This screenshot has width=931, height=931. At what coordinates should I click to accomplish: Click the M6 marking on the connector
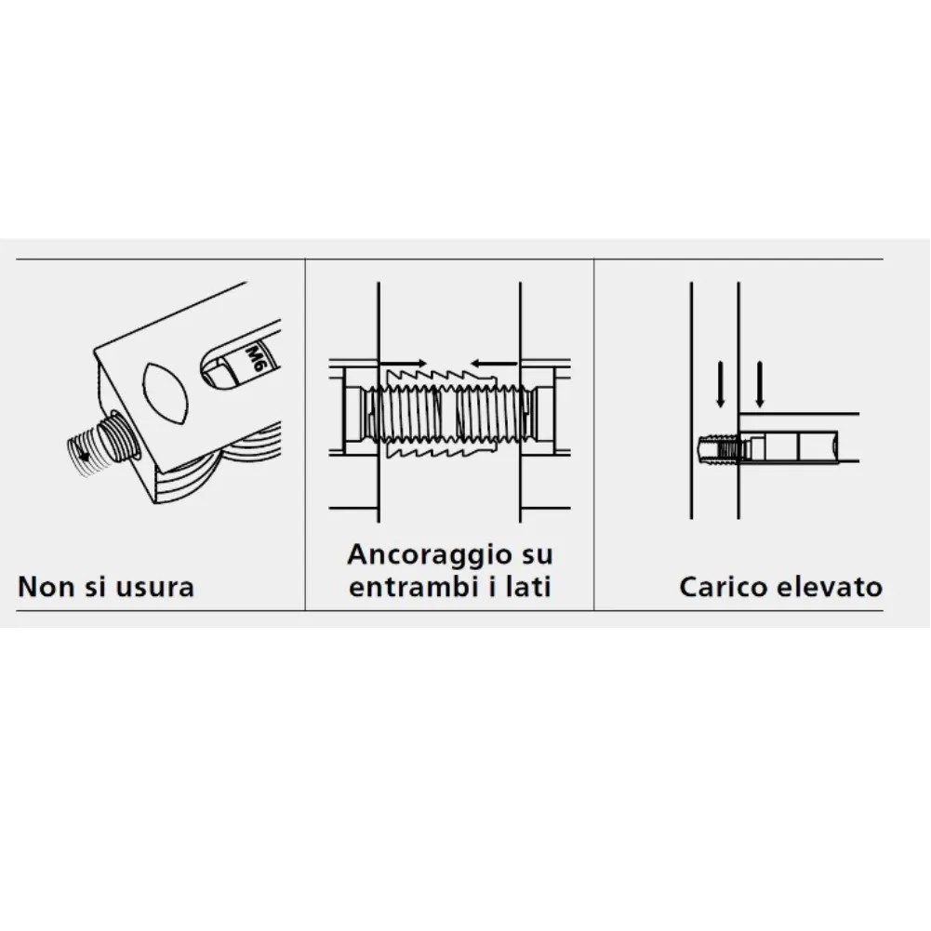(254, 359)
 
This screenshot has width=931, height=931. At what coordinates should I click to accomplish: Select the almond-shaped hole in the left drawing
(166, 392)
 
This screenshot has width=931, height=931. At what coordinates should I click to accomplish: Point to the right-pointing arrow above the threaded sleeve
(403, 363)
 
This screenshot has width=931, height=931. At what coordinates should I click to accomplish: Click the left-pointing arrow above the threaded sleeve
(495, 363)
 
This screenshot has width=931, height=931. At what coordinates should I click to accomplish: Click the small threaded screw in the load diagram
(717, 448)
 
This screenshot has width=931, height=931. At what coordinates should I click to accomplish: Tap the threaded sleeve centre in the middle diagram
(449, 414)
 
